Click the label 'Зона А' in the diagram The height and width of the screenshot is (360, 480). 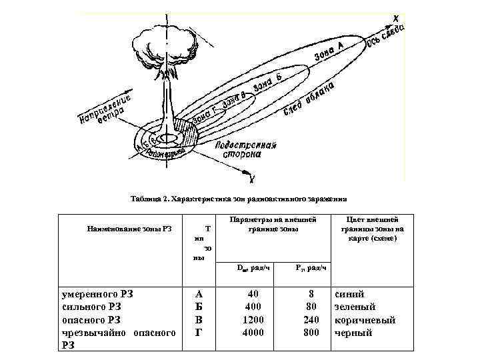click(x=330, y=53)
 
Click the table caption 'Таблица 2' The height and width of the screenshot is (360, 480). click(x=239, y=198)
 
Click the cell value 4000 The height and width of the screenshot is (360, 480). click(x=253, y=332)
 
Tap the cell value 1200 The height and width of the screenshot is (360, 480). click(x=253, y=319)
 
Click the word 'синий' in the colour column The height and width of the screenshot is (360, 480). click(x=349, y=294)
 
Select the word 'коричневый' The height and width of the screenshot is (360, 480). click(x=365, y=319)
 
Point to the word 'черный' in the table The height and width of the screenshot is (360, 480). click(x=353, y=332)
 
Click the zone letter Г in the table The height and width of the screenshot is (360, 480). click(x=198, y=332)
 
